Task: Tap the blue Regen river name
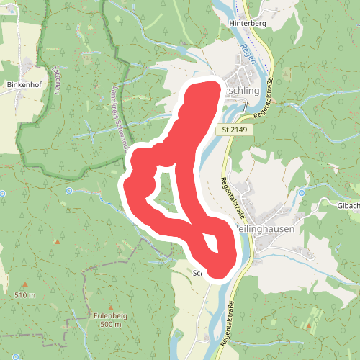click(248, 53)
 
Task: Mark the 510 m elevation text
click(24, 296)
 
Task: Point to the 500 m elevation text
click(111, 325)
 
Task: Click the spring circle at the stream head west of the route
click(69, 191)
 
